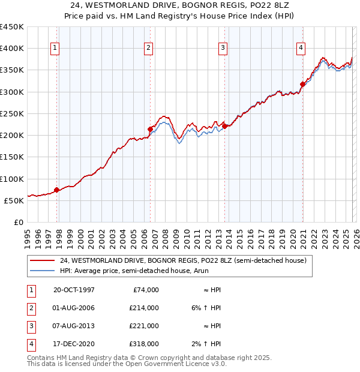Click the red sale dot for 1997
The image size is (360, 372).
coord(57,190)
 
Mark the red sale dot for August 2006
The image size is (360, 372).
coord(150,129)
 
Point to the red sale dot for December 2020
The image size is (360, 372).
coord(303,84)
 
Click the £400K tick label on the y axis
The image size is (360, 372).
coord(12,49)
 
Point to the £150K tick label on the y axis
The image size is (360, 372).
coord(12,157)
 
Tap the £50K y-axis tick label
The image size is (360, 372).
coord(14,200)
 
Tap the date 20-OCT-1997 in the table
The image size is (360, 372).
coord(74,290)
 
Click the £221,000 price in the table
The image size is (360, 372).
coord(143,326)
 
